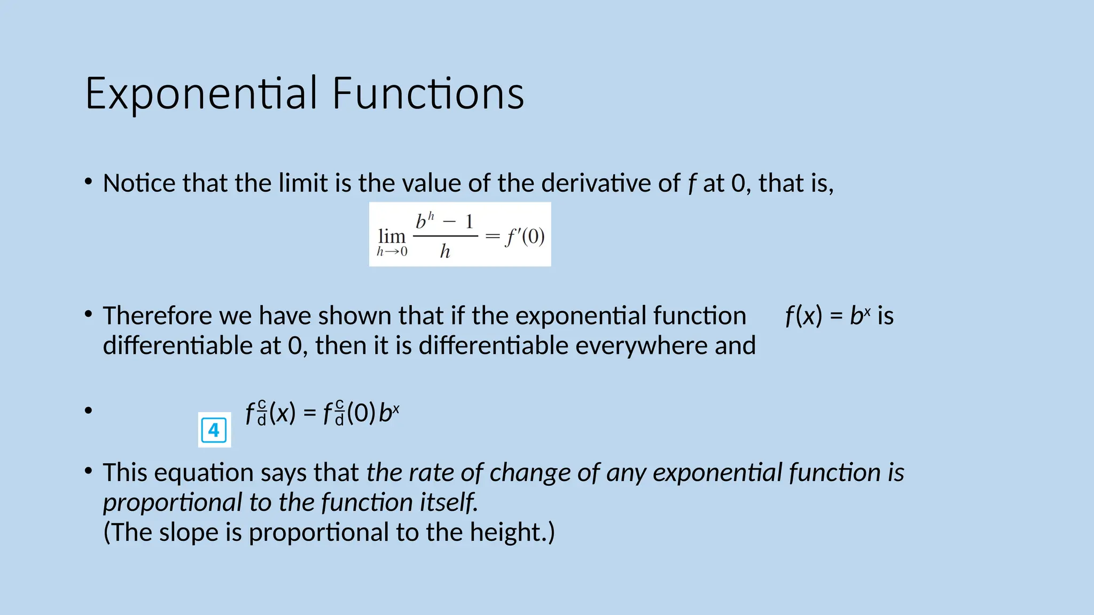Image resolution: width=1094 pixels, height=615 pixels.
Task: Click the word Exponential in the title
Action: point(201,94)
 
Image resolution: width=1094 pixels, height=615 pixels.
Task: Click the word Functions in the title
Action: point(428,94)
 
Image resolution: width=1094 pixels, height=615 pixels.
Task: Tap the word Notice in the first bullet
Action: point(139,184)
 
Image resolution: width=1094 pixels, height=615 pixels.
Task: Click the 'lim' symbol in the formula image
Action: point(392,236)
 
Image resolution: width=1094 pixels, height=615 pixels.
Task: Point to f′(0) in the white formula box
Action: point(525,236)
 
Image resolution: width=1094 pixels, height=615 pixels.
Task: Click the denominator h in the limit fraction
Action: point(445,251)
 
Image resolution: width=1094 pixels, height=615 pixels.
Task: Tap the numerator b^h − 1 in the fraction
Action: point(445,221)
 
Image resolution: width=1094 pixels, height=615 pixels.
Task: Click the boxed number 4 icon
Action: point(214,430)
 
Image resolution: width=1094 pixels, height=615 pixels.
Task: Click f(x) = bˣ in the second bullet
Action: point(828,316)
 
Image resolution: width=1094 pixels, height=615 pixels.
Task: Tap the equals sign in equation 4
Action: point(309,413)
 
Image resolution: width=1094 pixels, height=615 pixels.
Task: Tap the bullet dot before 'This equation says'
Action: point(89,471)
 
